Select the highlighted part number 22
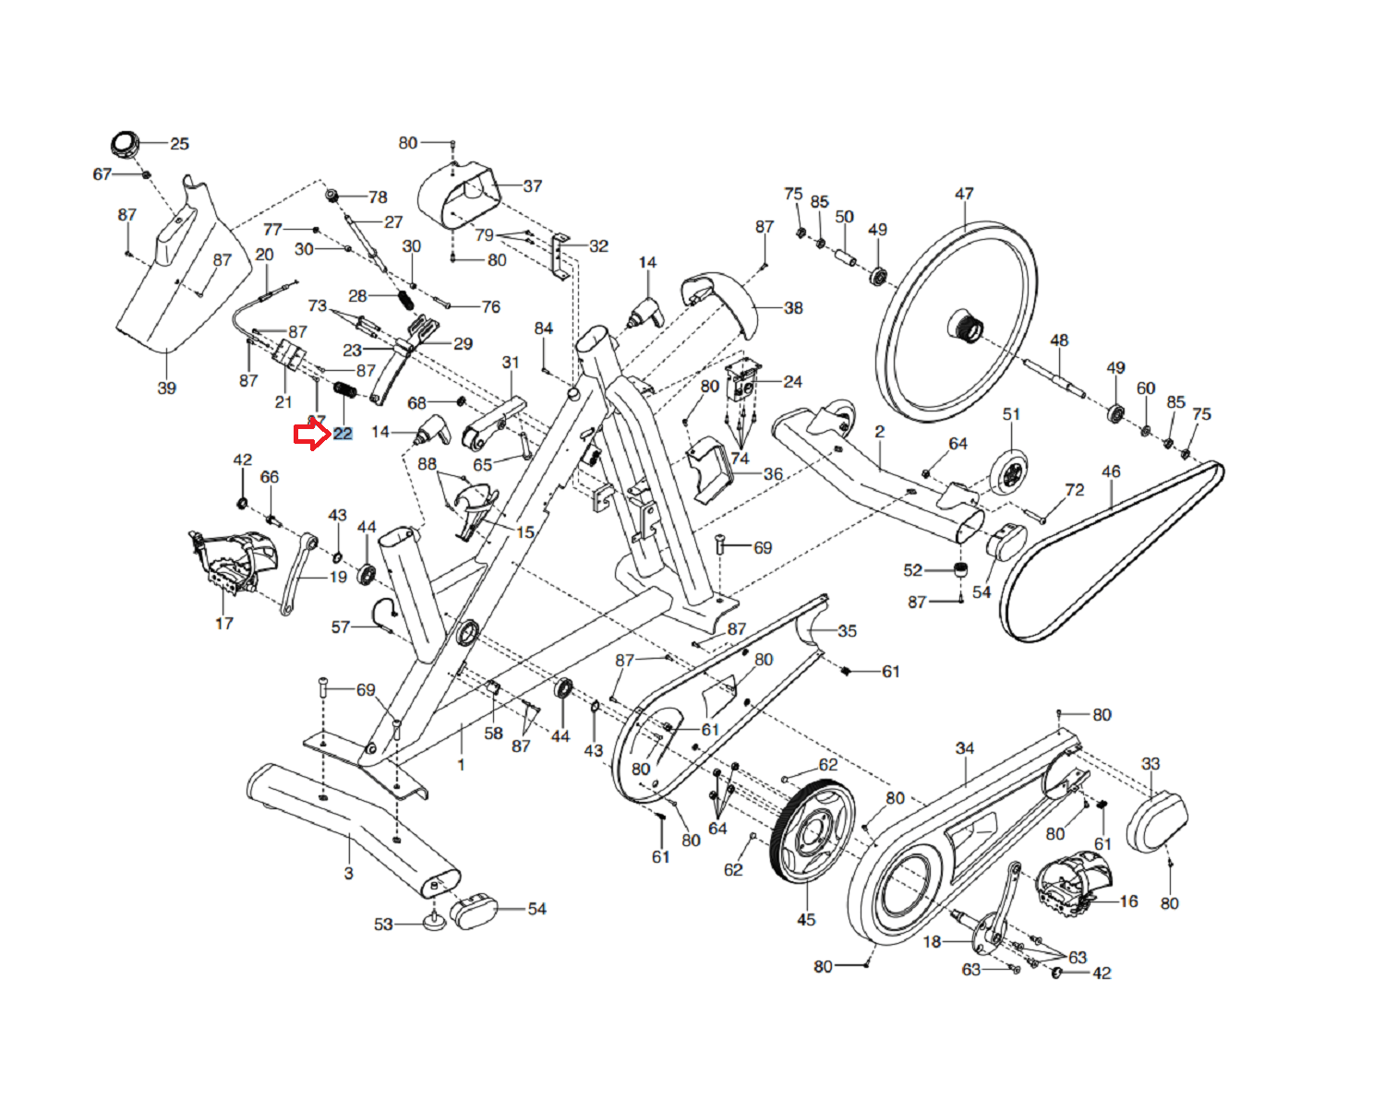tap(343, 434)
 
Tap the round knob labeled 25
tap(126, 143)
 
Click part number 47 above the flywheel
tap(963, 194)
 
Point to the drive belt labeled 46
tap(1114, 552)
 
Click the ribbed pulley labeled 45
tap(813, 831)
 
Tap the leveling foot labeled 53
tap(434, 922)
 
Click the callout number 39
tap(167, 388)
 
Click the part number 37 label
tap(532, 185)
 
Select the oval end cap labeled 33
tap(1157, 822)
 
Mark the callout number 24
tap(793, 381)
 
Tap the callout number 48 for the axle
tap(1059, 340)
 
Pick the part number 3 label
tap(348, 873)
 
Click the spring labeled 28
tap(404, 300)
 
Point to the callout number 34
tap(964, 748)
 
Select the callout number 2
tap(880, 432)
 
